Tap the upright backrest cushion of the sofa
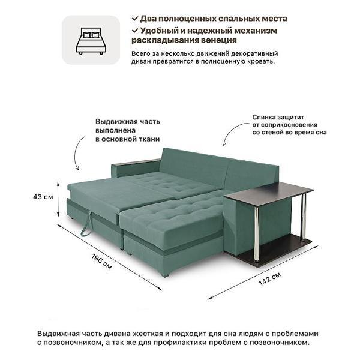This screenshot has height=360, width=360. click(x=192, y=162)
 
